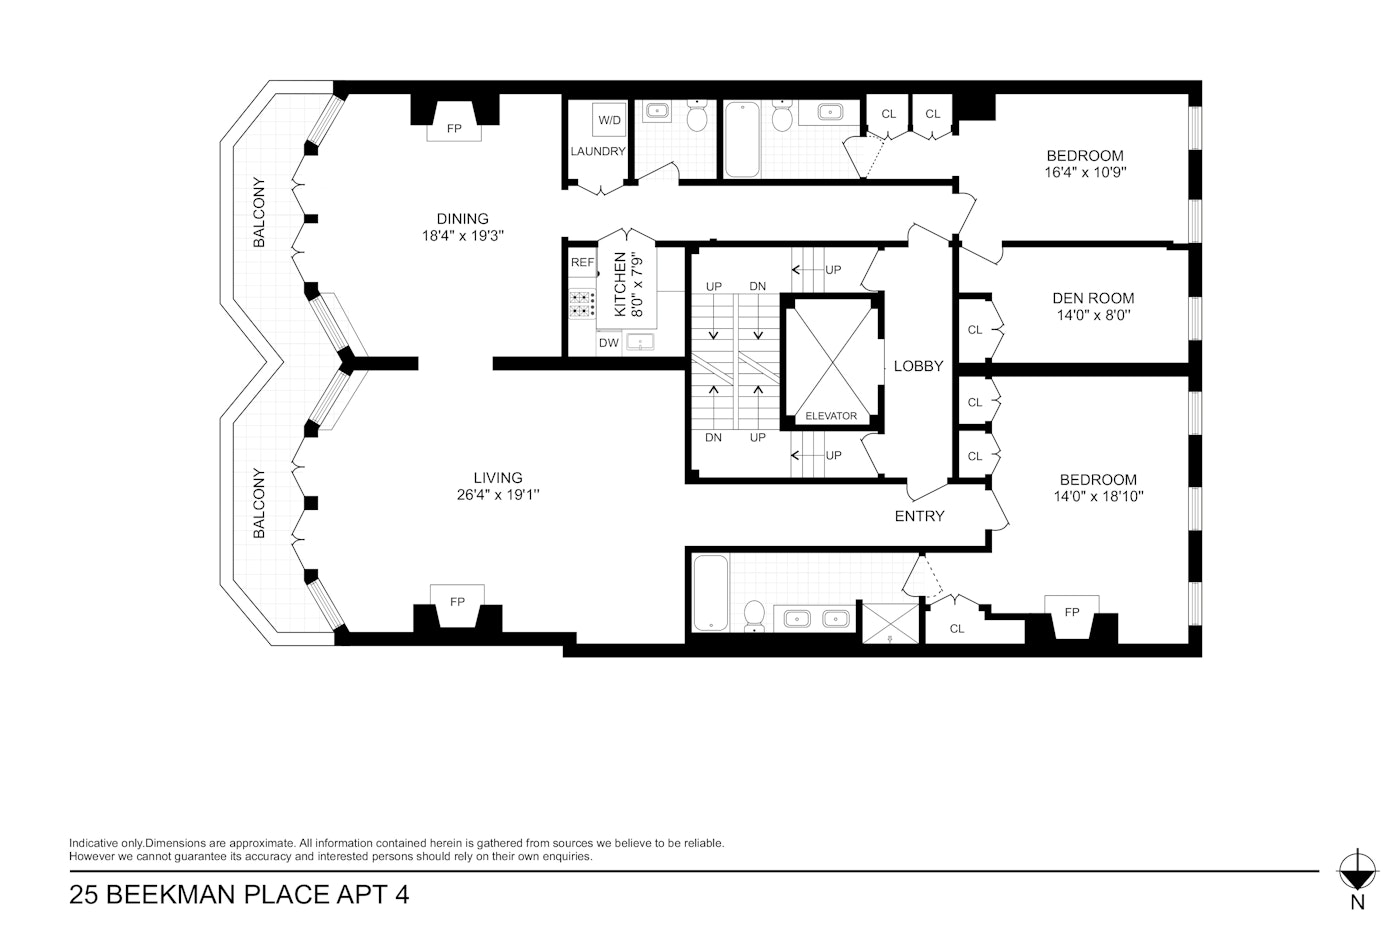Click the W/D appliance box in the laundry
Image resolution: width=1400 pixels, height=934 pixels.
click(x=609, y=120)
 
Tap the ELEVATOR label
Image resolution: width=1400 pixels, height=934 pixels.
click(x=831, y=416)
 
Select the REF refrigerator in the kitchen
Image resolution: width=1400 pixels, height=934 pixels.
click(x=582, y=263)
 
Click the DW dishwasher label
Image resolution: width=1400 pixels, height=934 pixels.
click(x=608, y=343)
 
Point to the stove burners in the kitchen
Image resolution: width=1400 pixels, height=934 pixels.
click(x=581, y=304)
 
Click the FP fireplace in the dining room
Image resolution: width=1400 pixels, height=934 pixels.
click(x=454, y=129)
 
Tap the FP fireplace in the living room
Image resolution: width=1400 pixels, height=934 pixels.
click(x=457, y=602)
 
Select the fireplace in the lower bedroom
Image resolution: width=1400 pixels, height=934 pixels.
click(x=1072, y=612)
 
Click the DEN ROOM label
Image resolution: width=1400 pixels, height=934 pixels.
click(x=1093, y=298)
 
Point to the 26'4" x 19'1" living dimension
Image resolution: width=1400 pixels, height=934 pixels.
click(x=498, y=495)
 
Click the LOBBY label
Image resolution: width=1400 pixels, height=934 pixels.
click(x=918, y=366)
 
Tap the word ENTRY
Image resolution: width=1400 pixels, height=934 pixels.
click(x=919, y=516)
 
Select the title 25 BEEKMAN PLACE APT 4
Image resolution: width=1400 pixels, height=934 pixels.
click(x=239, y=894)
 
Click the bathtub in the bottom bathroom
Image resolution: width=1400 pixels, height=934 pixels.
click(x=711, y=593)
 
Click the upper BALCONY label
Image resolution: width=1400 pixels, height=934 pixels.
click(x=259, y=212)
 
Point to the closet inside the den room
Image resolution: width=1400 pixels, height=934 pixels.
click(x=975, y=330)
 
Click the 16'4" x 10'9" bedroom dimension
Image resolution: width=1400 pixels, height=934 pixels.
click(x=1085, y=172)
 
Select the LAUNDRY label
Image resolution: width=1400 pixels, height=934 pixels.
click(x=598, y=152)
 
